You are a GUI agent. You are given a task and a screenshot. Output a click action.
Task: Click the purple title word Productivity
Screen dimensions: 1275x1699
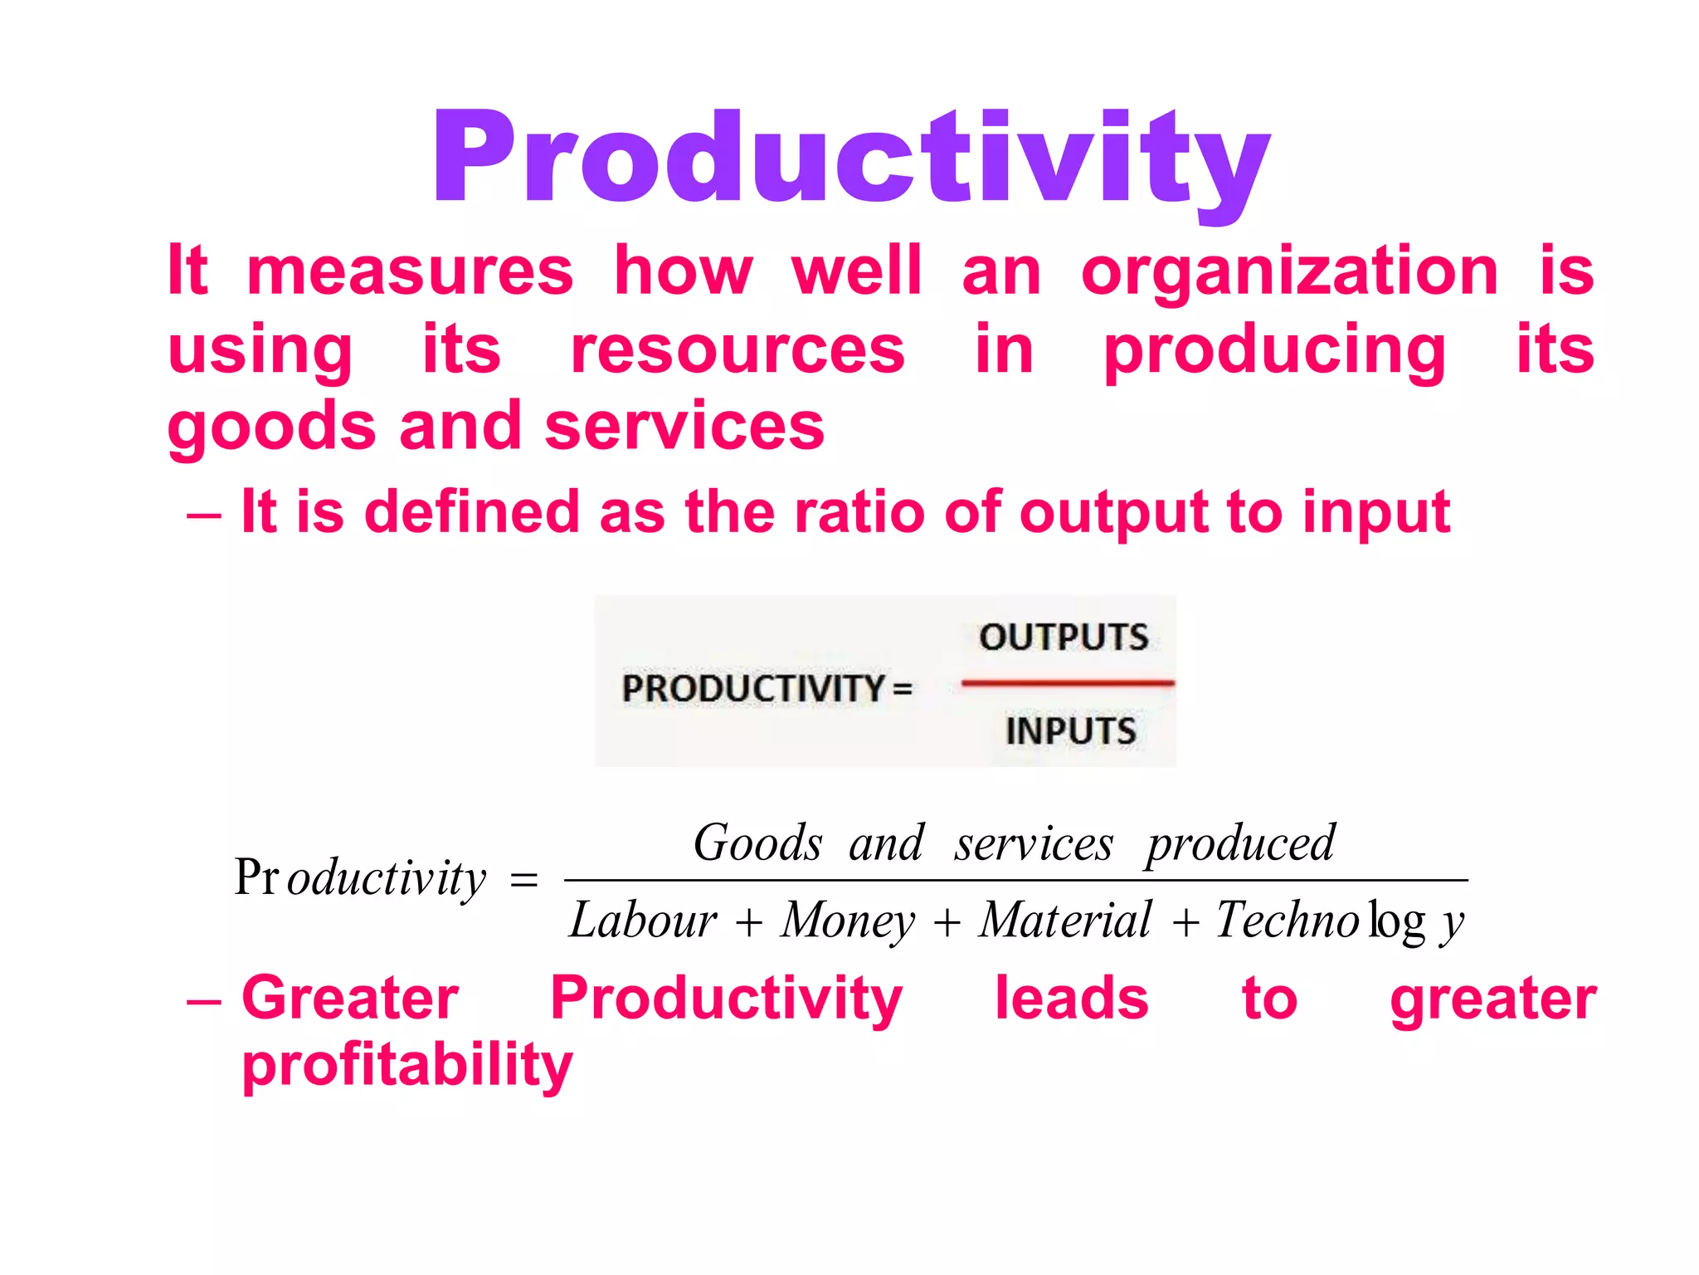click(x=851, y=158)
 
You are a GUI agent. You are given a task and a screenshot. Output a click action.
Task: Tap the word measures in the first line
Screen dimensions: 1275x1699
click(x=410, y=271)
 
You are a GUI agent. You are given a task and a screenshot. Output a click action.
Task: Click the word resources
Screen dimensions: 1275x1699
click(x=738, y=349)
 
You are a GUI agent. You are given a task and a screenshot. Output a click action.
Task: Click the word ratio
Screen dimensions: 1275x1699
click(x=859, y=511)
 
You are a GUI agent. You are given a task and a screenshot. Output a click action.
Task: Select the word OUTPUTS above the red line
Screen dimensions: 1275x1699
click(x=1064, y=637)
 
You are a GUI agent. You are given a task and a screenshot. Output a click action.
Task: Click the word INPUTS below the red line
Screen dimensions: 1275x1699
click(x=1070, y=731)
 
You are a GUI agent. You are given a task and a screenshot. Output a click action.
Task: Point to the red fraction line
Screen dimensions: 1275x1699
click(x=1068, y=683)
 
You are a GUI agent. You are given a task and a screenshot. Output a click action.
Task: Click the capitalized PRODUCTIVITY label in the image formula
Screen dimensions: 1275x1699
click(x=753, y=689)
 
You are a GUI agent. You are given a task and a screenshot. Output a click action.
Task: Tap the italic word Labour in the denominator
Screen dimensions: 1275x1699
click(x=643, y=921)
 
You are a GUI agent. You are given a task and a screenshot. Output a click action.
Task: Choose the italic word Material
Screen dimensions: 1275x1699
click(x=1065, y=921)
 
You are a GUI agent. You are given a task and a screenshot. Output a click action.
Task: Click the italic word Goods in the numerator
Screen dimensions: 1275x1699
click(x=757, y=843)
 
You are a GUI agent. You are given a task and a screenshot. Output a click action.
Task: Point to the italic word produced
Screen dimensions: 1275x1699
click(x=1241, y=845)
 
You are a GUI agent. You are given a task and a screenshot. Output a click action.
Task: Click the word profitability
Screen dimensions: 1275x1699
click(x=406, y=1066)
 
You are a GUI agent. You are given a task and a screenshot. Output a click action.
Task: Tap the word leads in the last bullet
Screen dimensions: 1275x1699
click(x=1071, y=998)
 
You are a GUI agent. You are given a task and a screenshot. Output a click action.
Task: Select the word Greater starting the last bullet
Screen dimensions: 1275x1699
click(x=350, y=998)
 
